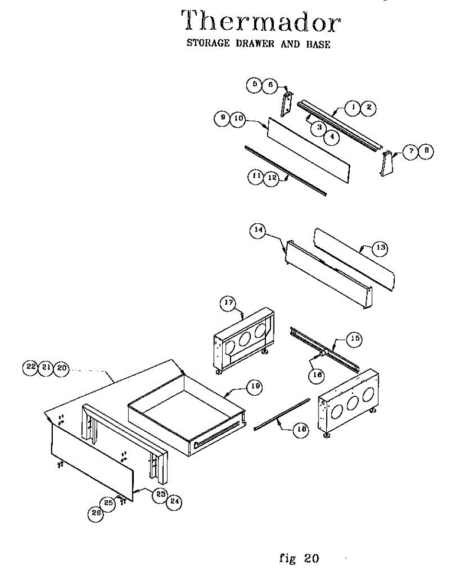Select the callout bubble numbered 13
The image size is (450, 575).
click(x=380, y=248)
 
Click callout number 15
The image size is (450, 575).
click(x=355, y=339)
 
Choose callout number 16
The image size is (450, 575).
click(x=317, y=375)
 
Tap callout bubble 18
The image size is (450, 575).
click(x=301, y=430)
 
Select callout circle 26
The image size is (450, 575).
click(x=95, y=513)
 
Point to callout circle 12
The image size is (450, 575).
click(x=272, y=177)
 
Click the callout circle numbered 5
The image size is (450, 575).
click(x=255, y=85)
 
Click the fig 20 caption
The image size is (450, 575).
click(x=298, y=558)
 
